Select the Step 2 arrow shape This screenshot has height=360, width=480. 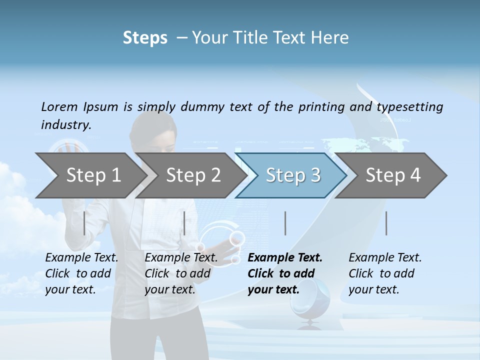[x=193, y=175]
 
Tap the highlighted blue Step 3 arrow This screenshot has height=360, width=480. [x=293, y=175]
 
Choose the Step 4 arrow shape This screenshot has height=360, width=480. [x=393, y=175]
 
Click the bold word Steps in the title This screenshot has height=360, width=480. [x=145, y=37]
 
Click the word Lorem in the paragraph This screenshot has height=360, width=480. [x=59, y=106]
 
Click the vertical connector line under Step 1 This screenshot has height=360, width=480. [x=84, y=223]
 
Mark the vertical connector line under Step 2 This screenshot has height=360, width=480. [x=184, y=223]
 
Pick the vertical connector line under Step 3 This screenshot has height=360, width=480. [x=285, y=223]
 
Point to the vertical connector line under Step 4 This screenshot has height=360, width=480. [x=386, y=223]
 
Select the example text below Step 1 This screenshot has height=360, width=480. [x=81, y=273]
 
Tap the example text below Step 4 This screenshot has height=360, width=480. [x=384, y=273]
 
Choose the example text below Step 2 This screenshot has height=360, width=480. [x=181, y=273]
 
